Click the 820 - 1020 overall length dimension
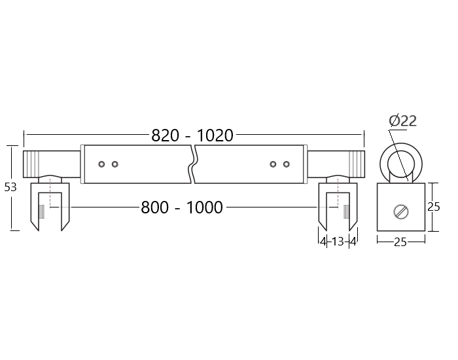coord(192,135)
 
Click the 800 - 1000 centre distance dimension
coord(182,207)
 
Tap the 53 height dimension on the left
coord(10,187)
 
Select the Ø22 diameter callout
coord(402,120)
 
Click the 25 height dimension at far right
coord(433,207)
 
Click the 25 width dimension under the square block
coord(400,242)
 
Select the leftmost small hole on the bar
coord(101,164)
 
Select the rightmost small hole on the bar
coord(286,164)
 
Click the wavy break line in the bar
coord(192,164)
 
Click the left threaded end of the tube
coord(33,163)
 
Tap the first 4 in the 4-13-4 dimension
coord(323,242)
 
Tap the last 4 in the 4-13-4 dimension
coord(353,242)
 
